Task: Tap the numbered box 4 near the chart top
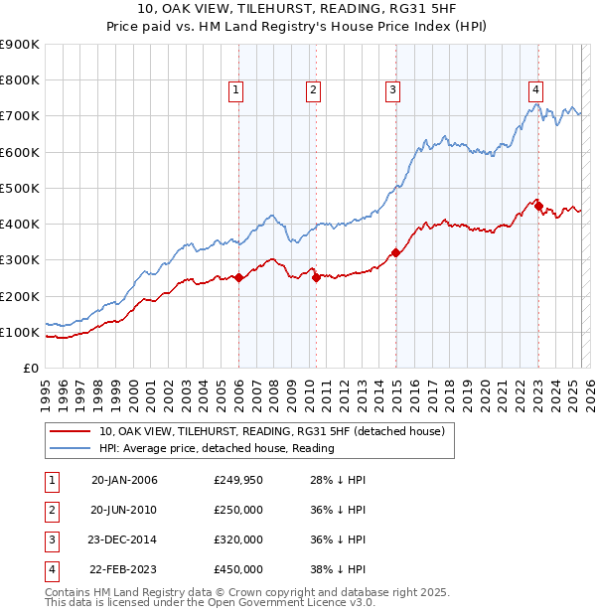pyautogui.click(x=535, y=87)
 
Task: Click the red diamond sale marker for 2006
pyautogui.click(x=238, y=278)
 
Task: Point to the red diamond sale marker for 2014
pyautogui.click(x=395, y=252)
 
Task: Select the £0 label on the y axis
pyautogui.click(x=30, y=369)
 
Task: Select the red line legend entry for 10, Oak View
pyautogui.click(x=276, y=431)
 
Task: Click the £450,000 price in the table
pyautogui.click(x=238, y=569)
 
